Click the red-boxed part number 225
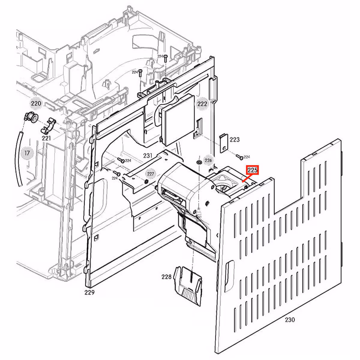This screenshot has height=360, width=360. [x=252, y=170]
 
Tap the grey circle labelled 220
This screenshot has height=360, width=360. [x=36, y=103]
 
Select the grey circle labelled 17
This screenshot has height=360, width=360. [x=27, y=153]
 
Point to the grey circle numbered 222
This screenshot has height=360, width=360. [x=202, y=104]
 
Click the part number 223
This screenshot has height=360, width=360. [x=235, y=139]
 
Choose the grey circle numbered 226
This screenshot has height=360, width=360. [x=208, y=160]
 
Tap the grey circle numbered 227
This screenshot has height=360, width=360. [x=150, y=174]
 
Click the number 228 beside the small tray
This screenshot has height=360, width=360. [x=166, y=277]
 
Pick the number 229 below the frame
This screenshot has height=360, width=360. [x=89, y=292]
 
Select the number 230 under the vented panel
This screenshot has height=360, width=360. [x=290, y=319]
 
